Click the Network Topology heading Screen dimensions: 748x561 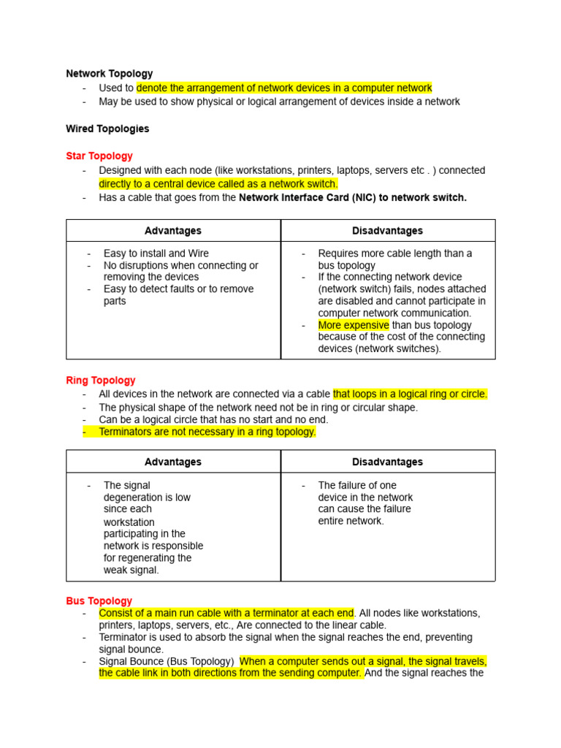point(110,73)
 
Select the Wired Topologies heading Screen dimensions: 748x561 point(107,129)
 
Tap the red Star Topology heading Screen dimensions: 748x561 point(99,156)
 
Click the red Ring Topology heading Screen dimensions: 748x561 point(101,380)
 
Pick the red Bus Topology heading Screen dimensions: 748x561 point(99,600)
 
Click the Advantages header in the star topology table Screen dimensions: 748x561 point(173,230)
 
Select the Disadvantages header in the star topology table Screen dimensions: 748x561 point(387,230)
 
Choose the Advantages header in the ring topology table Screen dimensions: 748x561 point(173,462)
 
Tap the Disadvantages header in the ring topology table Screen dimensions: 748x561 point(387,462)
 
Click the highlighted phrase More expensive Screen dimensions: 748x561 point(354,325)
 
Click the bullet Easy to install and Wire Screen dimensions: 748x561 point(156,253)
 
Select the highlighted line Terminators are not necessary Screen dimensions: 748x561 point(207,432)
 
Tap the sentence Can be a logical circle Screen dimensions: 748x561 point(213,419)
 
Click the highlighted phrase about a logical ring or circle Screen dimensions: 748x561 point(410,394)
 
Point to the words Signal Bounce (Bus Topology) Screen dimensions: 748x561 point(166,661)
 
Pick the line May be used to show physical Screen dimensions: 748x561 point(279,102)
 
